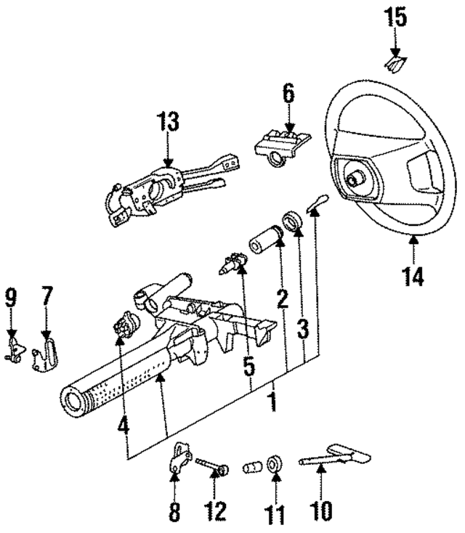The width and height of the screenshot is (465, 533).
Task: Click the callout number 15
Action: click(x=396, y=17)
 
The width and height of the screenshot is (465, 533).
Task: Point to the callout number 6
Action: click(x=289, y=93)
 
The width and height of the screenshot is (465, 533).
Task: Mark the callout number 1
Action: click(x=272, y=401)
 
